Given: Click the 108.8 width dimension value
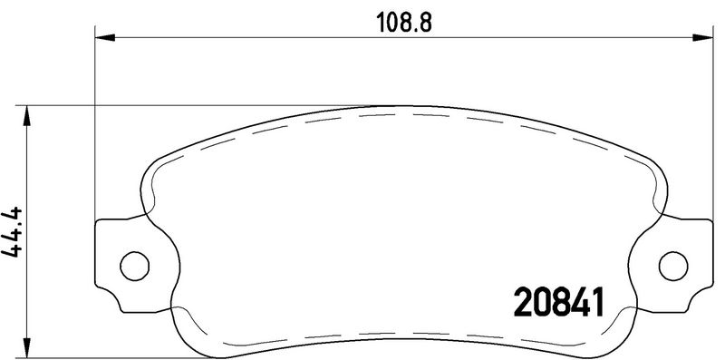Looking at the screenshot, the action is pos(403,22).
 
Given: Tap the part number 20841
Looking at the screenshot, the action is pos(559,302).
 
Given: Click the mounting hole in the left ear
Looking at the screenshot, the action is pos(134,266).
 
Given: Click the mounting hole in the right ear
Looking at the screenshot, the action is pos(673,266).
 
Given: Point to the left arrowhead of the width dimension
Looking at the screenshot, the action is pos(104,37).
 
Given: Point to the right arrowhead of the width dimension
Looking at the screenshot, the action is pos(702,37).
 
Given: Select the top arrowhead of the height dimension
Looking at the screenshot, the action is pos(27,116).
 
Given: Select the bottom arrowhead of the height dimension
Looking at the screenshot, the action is pos(27,347).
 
